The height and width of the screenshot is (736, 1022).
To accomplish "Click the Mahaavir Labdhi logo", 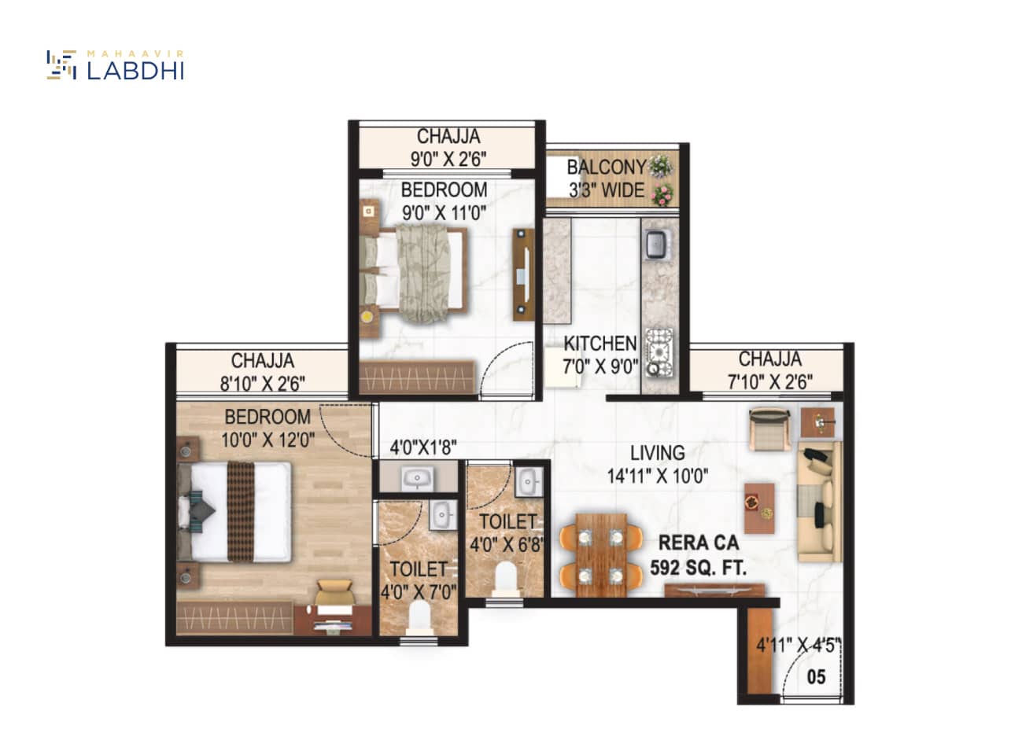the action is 116,65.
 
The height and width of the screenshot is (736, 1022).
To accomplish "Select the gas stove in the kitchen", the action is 659,352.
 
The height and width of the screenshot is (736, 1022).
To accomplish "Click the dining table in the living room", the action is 601,554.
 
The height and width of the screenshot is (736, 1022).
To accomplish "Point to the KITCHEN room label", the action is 600,344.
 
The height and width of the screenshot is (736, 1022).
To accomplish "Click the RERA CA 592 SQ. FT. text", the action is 698,555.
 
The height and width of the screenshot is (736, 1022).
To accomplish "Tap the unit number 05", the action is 816,677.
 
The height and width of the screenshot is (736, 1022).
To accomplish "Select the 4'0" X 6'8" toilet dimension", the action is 507,544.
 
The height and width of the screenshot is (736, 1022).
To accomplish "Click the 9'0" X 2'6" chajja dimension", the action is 448,159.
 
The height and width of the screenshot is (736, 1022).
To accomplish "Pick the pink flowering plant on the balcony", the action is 662,195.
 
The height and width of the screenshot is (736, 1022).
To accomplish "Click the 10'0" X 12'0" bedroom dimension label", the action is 267,440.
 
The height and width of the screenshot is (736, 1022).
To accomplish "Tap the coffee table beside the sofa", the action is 759,508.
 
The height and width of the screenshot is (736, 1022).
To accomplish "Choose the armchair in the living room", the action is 769,429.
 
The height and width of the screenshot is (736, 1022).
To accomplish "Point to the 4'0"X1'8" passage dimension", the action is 423,447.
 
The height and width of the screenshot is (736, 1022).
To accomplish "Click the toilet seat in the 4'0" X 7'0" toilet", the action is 419,617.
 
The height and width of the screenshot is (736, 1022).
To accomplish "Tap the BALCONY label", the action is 607,167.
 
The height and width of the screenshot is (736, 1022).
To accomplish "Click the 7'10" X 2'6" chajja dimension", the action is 770,381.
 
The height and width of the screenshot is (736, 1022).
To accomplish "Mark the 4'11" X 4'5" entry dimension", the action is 799,646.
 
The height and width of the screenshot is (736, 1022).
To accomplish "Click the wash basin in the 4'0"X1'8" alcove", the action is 417,478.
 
